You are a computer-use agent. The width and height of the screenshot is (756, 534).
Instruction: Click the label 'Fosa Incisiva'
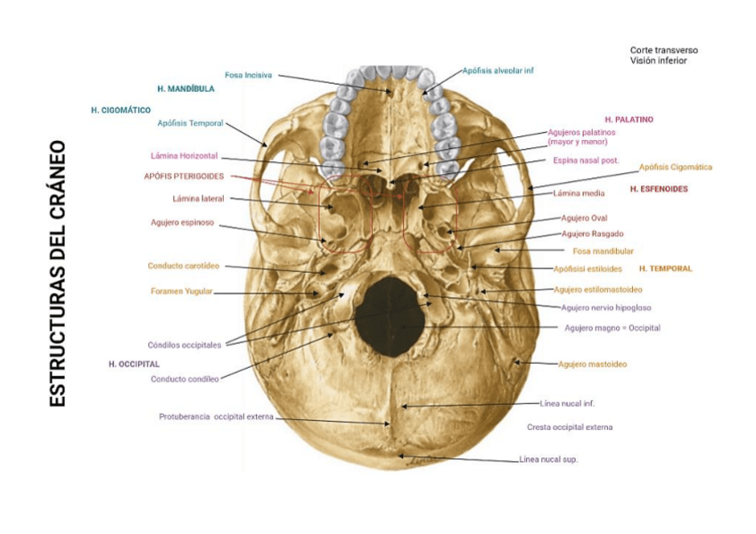[x=248, y=75]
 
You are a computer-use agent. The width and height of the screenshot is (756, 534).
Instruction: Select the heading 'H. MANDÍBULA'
[x=185, y=89]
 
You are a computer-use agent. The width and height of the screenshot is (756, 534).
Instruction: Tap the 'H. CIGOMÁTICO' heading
[x=120, y=110]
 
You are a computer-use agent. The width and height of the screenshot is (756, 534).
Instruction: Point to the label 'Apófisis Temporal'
[x=190, y=123]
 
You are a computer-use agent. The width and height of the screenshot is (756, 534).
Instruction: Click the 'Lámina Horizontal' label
[x=185, y=156]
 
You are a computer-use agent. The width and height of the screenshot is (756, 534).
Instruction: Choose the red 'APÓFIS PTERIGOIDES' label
[x=184, y=177]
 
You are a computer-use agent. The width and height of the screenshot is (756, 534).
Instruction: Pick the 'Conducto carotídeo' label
[x=184, y=266]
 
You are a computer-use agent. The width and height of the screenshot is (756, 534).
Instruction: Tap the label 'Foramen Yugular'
[x=182, y=292]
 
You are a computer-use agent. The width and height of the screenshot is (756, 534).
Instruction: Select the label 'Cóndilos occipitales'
[x=185, y=344]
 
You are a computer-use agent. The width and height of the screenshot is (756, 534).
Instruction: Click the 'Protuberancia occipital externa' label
[x=216, y=416]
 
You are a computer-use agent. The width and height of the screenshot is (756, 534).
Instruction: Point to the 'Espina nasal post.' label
[x=586, y=161]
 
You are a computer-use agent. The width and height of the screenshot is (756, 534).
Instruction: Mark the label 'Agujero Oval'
[x=584, y=218]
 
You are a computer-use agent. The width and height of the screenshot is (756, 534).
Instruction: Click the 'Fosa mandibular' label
[x=603, y=251]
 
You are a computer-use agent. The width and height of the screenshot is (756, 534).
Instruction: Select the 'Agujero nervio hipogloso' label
[x=606, y=308]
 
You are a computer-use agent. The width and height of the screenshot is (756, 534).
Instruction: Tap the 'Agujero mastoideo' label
[x=592, y=364]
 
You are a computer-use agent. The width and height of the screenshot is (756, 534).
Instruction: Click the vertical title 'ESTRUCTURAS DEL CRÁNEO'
[x=58, y=273]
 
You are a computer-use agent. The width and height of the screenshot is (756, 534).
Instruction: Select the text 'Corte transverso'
[x=663, y=50]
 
